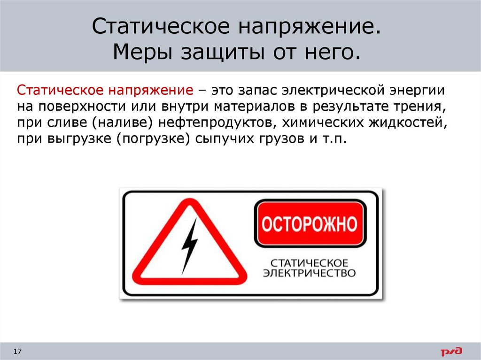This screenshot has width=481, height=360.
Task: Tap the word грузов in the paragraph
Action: [x=282, y=139]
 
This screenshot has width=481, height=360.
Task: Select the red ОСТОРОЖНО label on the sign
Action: [x=310, y=223]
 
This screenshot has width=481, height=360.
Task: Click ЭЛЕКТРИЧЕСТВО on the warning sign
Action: [x=309, y=273]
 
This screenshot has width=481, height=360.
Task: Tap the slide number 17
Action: [x=17, y=351]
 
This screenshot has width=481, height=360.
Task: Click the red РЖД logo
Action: [x=451, y=351]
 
